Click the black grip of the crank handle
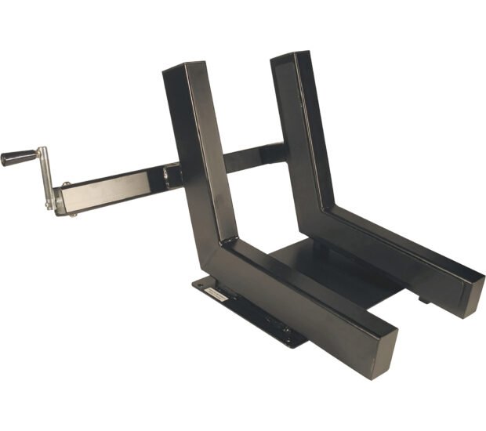coord(18,157)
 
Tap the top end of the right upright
coord(291,57)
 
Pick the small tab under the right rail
coord(423,299)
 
